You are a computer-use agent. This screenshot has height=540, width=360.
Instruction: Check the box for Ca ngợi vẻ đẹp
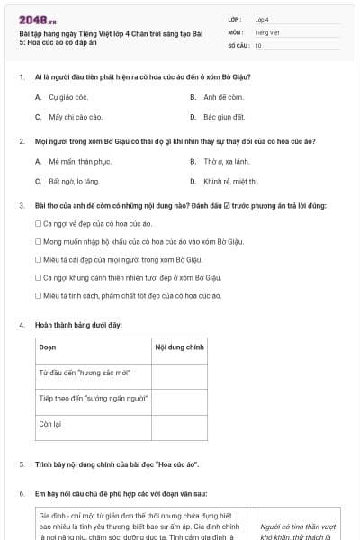click(38, 223)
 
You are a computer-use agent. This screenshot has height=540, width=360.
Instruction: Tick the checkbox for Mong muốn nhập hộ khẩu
click(38, 241)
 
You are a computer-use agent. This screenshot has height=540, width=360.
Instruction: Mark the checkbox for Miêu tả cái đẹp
click(38, 259)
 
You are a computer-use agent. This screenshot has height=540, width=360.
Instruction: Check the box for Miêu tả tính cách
click(38, 295)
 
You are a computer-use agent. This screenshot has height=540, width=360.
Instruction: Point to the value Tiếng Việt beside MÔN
click(267, 31)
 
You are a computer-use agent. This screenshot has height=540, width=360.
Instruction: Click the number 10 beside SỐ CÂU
click(258, 44)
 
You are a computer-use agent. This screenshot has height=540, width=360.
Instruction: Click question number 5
click(21, 464)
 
